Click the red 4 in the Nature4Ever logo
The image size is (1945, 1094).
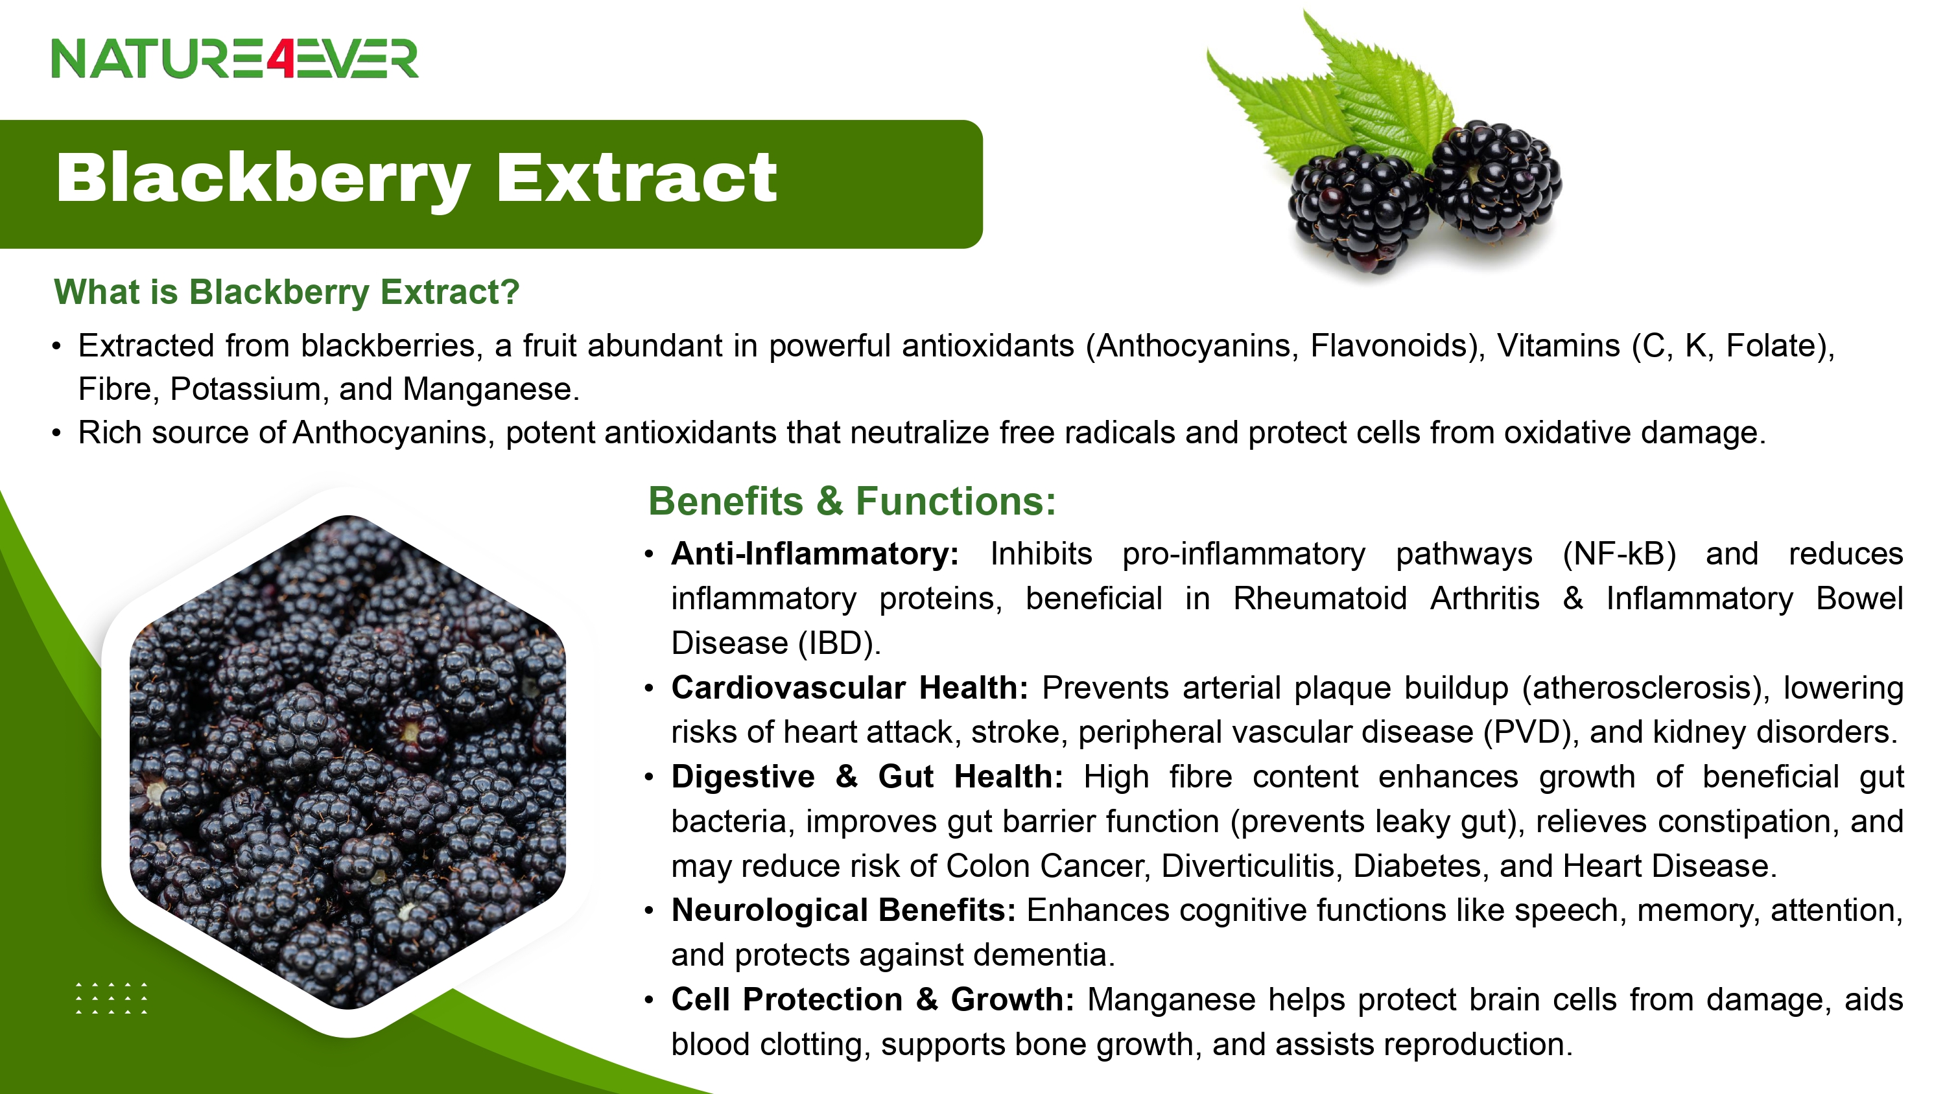pyautogui.click(x=279, y=58)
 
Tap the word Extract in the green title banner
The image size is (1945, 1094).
pyautogui.click(x=637, y=178)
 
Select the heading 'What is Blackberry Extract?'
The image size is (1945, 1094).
pyautogui.click(x=287, y=292)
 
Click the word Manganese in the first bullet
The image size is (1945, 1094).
pyautogui.click(x=491, y=389)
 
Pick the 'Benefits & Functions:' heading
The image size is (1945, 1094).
pyautogui.click(x=852, y=502)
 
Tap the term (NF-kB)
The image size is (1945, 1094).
pyautogui.click(x=1619, y=554)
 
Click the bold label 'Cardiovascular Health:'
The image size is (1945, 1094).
pyautogui.click(x=849, y=688)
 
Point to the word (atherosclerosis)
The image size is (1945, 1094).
pyautogui.click(x=1646, y=688)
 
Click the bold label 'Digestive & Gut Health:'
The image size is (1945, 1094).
pyautogui.click(x=867, y=777)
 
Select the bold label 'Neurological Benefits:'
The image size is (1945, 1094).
pyautogui.click(x=843, y=911)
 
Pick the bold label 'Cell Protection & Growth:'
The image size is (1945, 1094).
pyautogui.click(x=873, y=999)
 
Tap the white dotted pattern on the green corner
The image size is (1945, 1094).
pyautogui.click(x=112, y=998)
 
